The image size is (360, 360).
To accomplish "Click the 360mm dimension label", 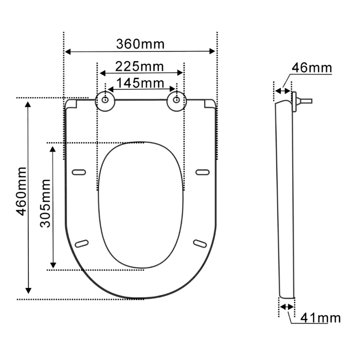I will coord(140,44).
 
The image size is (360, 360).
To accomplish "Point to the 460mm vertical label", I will coord(21,191).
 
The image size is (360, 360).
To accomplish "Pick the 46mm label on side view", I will coord(311,68).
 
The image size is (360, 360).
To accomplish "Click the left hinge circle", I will coord(104,100).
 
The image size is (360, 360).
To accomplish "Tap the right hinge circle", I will coord(176,100).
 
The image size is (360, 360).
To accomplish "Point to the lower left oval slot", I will coord(81,243).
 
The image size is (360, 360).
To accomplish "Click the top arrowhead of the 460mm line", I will coord(28,105).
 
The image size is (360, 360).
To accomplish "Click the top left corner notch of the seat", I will coord(72,104).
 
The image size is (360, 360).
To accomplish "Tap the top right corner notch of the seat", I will coord(210,104).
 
